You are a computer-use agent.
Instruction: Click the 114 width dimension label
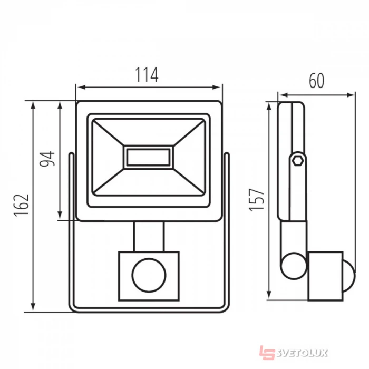click(x=147, y=75)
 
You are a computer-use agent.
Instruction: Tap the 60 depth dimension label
click(x=316, y=81)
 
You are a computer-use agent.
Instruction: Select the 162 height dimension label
click(x=22, y=205)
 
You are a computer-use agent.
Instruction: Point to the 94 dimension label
click(x=47, y=159)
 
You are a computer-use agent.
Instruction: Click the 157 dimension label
click(x=257, y=200)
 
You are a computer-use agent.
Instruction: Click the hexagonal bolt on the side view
click(x=297, y=161)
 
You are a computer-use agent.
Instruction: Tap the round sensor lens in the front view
click(x=149, y=275)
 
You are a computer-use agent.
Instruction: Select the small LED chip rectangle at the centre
click(x=148, y=157)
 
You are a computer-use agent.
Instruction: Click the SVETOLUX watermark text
click(x=302, y=353)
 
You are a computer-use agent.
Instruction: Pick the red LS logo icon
click(x=267, y=353)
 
